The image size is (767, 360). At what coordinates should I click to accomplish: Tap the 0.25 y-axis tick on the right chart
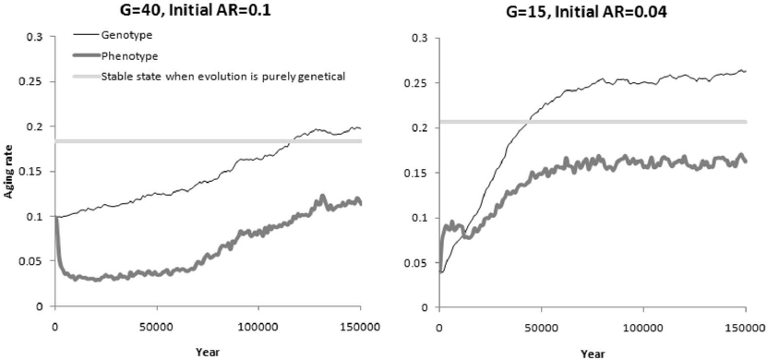[x=417, y=82]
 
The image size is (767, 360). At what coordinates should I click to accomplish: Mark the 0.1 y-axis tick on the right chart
[x=420, y=218]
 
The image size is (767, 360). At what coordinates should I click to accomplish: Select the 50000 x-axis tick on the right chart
[x=540, y=328]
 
